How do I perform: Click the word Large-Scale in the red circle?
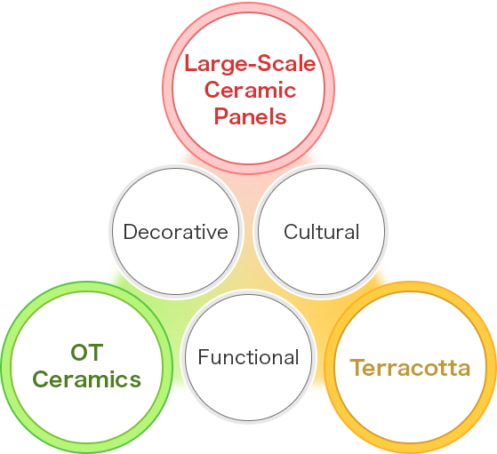click(250, 64)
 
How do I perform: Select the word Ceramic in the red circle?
click(250, 90)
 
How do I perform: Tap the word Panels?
click(250, 116)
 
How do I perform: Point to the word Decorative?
click(176, 231)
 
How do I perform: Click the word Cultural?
click(321, 231)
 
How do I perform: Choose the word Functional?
click(249, 357)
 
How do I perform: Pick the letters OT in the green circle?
click(87, 353)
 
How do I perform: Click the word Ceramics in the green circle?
click(86, 378)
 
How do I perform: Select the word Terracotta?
click(410, 368)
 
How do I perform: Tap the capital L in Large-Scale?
click(191, 63)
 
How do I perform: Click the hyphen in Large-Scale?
click(250, 66)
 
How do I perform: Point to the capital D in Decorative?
click(130, 231)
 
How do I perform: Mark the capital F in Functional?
click(204, 357)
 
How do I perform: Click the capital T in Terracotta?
click(357, 367)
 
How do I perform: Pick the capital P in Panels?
click(220, 116)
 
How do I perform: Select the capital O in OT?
click(78, 353)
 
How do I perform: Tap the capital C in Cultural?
click(291, 231)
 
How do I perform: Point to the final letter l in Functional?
click(297, 356)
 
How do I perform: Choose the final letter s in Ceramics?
click(135, 381)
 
